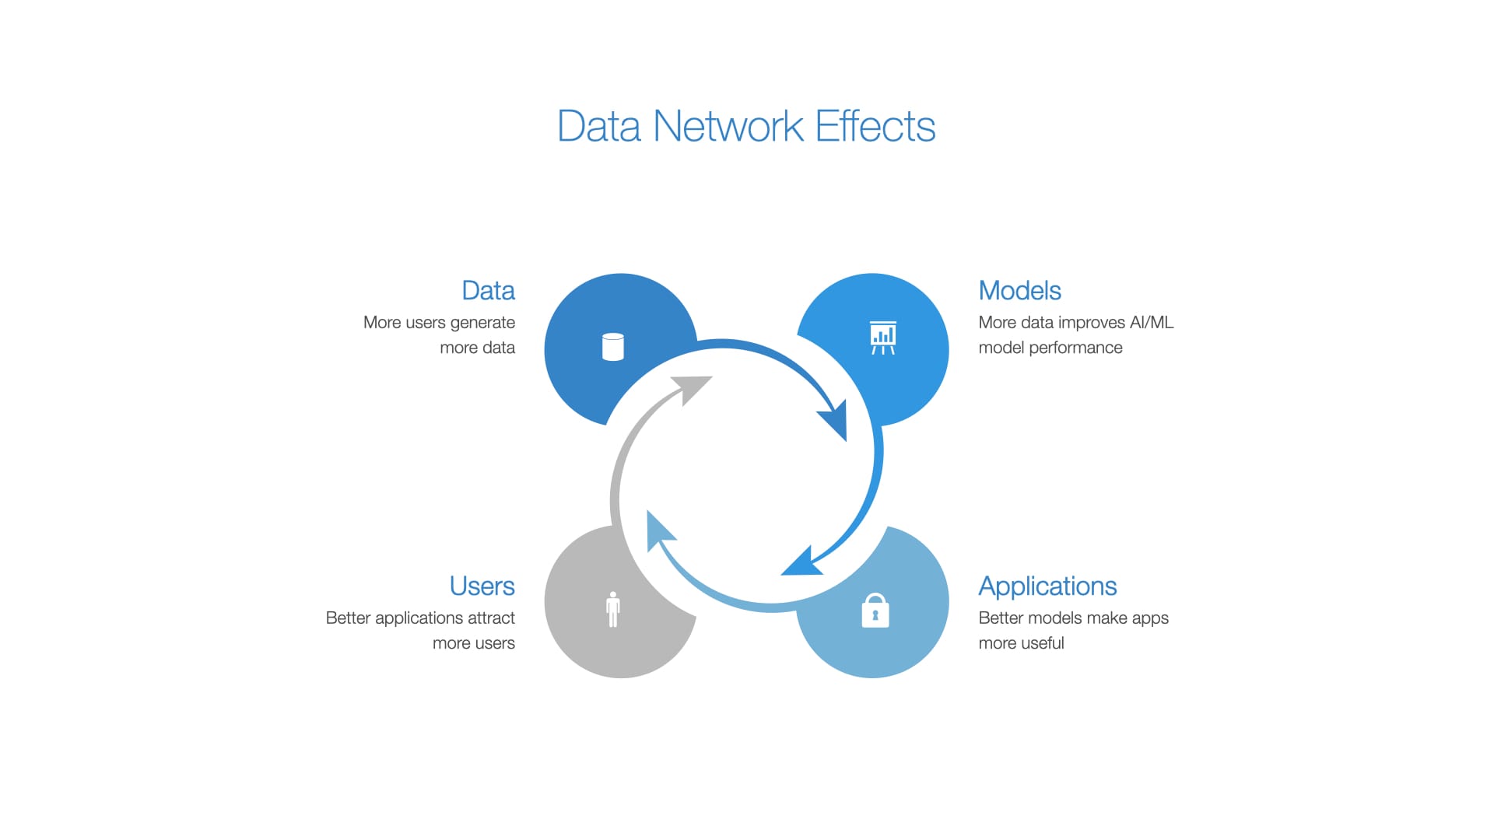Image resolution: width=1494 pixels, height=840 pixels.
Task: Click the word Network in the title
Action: coord(728,126)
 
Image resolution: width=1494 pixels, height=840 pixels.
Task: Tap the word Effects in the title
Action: coord(875,126)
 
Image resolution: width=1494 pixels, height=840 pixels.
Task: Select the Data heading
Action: coord(488,290)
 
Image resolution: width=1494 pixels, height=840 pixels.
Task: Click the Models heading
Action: coord(1019,290)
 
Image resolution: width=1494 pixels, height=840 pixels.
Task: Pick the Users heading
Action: coord(482,586)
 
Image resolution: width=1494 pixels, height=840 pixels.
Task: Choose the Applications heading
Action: coord(1047,586)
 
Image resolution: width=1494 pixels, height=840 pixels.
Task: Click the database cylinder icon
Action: coord(613,347)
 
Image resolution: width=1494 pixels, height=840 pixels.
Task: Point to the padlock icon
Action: coord(875,611)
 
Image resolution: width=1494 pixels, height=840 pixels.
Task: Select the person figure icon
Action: coord(613,609)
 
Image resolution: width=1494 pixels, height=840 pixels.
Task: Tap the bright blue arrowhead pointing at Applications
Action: coord(800,563)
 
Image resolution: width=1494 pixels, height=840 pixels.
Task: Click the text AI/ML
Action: coord(1152,322)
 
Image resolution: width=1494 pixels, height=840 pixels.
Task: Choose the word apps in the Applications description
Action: coord(1150,618)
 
